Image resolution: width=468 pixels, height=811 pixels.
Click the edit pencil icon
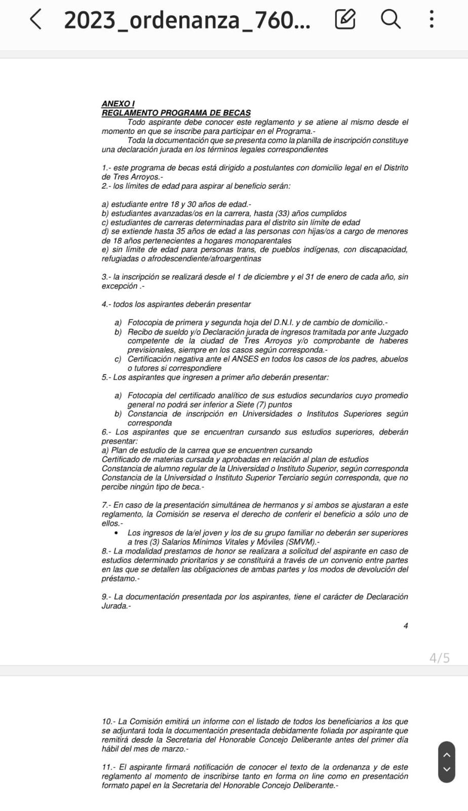click(345, 19)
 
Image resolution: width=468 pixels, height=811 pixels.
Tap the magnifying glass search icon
click(390, 19)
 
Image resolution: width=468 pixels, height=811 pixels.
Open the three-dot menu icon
click(431, 19)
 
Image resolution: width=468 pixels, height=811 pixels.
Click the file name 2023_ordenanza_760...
click(187, 20)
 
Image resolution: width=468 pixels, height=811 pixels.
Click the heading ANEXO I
click(118, 104)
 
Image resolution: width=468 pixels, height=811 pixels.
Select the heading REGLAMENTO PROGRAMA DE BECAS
click(176, 113)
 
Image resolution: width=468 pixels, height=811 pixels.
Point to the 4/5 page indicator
click(439, 658)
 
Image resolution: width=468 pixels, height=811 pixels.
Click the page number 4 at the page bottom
click(406, 626)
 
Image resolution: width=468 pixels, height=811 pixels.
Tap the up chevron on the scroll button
click(446, 755)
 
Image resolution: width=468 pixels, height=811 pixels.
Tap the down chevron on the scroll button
click(446, 769)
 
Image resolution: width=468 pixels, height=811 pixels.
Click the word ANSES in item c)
click(246, 359)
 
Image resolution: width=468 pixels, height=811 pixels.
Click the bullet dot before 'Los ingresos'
click(117, 533)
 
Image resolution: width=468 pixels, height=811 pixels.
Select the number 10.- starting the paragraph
click(108, 721)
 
